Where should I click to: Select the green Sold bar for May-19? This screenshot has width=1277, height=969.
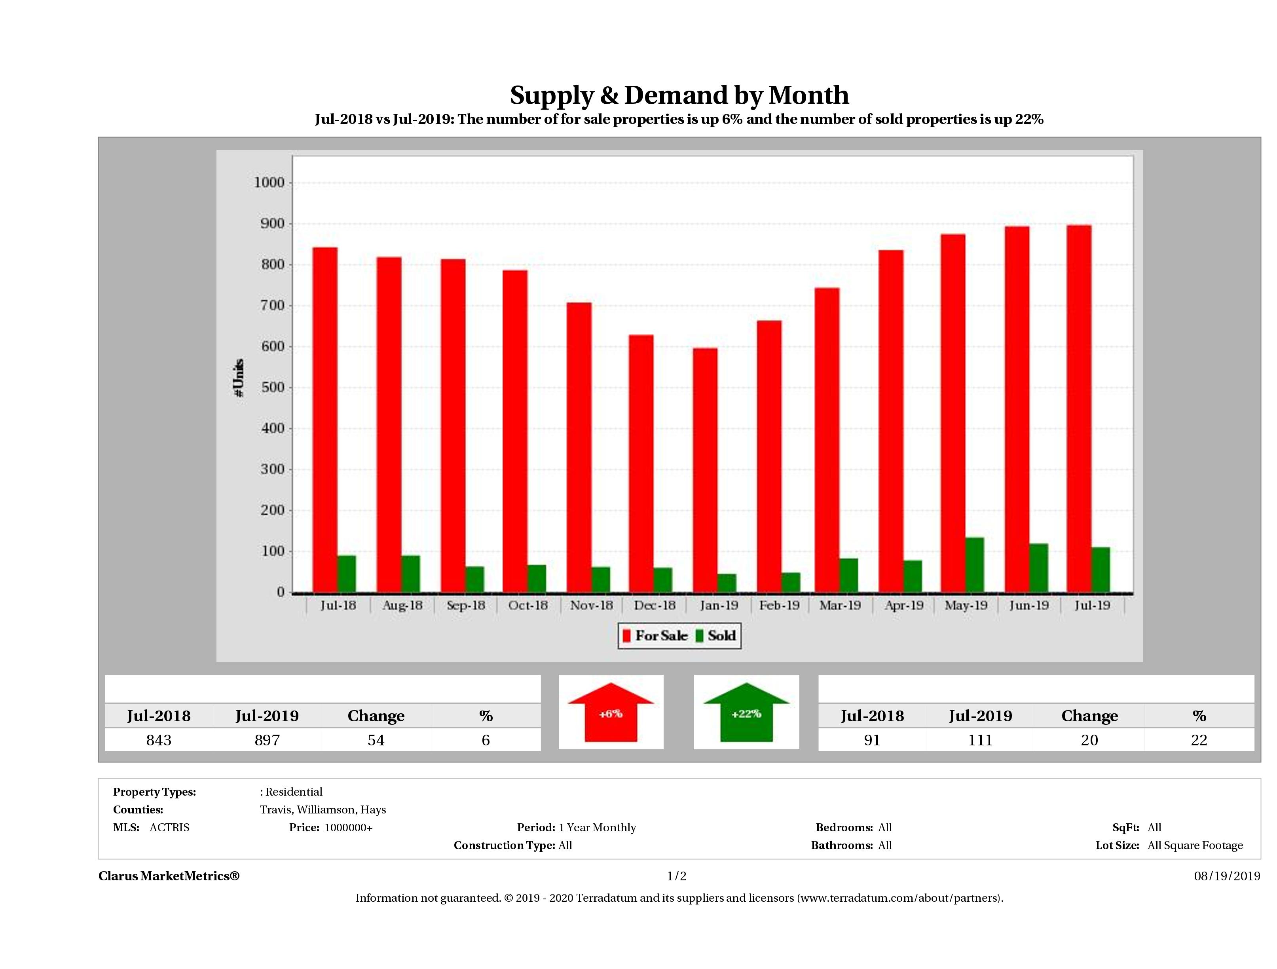click(x=975, y=565)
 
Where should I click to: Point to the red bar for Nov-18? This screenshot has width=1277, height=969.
click(x=579, y=448)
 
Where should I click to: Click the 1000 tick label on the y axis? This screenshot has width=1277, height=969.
click(x=269, y=182)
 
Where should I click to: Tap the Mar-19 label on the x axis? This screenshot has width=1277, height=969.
click(x=840, y=605)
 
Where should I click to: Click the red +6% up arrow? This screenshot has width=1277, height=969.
click(x=611, y=712)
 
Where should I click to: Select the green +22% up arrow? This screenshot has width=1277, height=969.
click(x=746, y=712)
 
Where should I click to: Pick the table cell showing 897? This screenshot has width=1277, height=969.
click(x=267, y=740)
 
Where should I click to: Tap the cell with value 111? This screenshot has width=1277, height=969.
click(x=980, y=740)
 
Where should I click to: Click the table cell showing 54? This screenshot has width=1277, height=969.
click(x=376, y=740)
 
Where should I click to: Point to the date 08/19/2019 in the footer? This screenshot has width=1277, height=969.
click(x=1227, y=876)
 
